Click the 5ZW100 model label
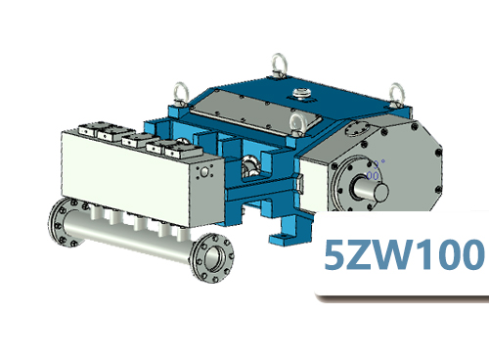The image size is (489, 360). [404, 257]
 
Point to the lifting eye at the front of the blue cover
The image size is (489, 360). [295, 122]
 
